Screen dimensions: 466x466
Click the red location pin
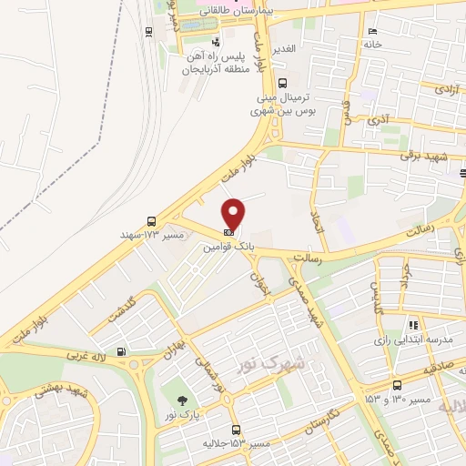234,214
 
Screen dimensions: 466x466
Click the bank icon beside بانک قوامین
228,232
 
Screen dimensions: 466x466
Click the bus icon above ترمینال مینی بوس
282,83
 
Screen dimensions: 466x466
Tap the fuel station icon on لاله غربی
122,351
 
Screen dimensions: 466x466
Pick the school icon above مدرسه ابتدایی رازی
413,324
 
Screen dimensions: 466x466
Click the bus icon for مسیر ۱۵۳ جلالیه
236,430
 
